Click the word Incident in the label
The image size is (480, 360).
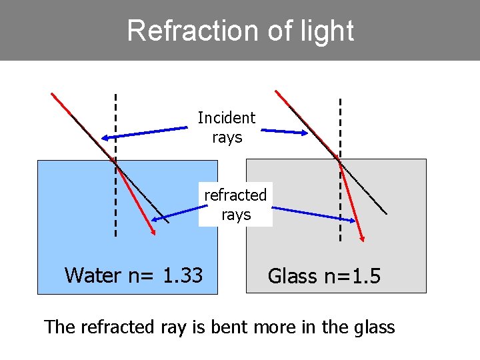click(x=227, y=118)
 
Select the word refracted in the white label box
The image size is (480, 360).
click(x=235, y=195)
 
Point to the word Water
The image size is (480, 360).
click(x=94, y=275)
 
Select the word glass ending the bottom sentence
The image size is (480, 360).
click(x=374, y=327)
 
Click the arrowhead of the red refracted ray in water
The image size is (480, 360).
click(x=154, y=232)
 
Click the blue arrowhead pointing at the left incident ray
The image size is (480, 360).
click(x=105, y=138)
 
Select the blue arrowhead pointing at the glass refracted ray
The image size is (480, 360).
click(x=353, y=219)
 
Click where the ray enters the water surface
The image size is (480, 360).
click(x=115, y=161)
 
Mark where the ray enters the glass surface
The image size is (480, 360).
click(x=339, y=160)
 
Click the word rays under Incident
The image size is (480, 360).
click(x=227, y=137)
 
